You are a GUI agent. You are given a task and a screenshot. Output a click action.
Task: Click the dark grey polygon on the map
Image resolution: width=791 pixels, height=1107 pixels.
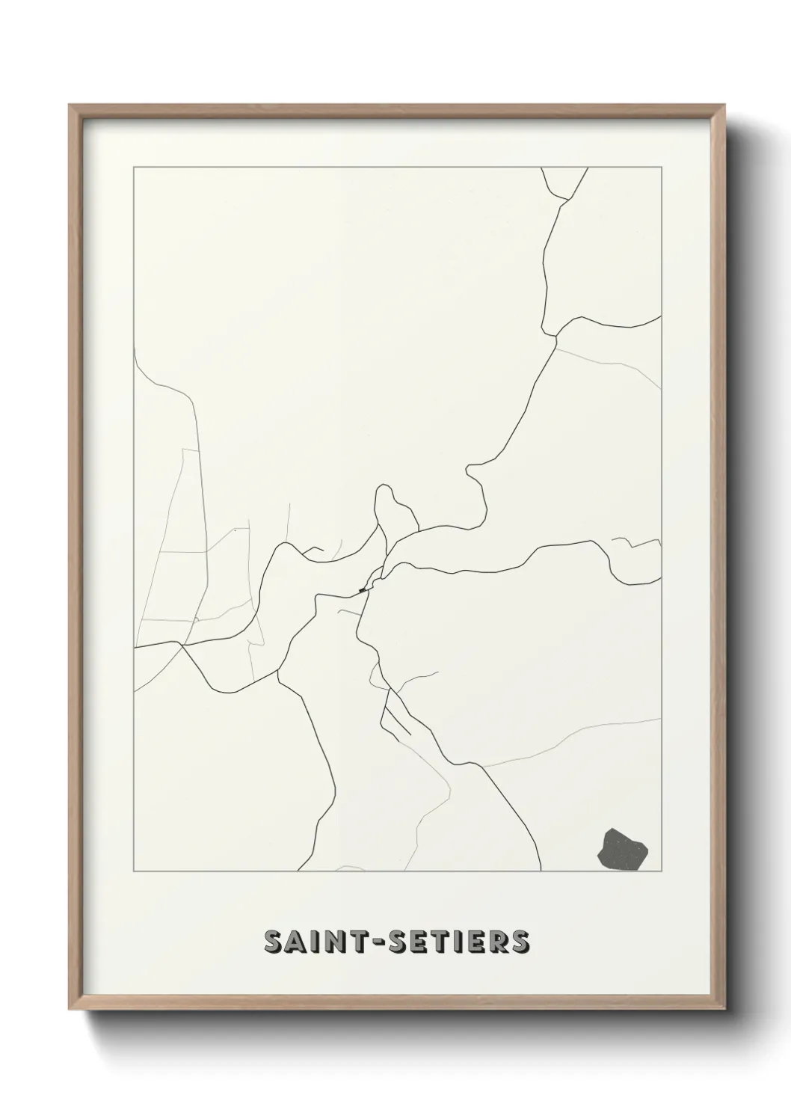pyautogui.click(x=623, y=850)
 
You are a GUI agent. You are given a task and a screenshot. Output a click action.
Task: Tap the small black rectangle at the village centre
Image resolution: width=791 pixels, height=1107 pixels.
pyautogui.click(x=363, y=590)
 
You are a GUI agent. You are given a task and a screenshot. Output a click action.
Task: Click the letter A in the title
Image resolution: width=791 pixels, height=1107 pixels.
pyautogui.click(x=293, y=942)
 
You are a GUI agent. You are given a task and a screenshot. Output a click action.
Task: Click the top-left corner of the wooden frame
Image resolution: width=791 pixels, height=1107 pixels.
pyautogui.click(x=70, y=105)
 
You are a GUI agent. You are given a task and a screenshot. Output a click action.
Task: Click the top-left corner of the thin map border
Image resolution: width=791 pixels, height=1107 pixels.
pyautogui.click(x=134, y=168)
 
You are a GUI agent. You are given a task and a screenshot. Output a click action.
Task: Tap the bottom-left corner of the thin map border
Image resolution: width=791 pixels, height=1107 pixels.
pyautogui.click(x=134, y=871)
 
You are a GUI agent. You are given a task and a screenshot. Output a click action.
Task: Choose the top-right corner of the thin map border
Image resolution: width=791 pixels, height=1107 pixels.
pyautogui.click(x=661, y=168)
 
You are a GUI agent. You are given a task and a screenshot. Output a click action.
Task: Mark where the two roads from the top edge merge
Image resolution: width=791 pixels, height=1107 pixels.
pyautogui.click(x=555, y=337)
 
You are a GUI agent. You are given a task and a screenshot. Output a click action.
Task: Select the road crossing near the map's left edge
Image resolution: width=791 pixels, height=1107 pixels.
pyautogui.click(x=181, y=643)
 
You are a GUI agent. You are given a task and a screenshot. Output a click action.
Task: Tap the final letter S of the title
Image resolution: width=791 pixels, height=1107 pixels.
pyautogui.click(x=520, y=942)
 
